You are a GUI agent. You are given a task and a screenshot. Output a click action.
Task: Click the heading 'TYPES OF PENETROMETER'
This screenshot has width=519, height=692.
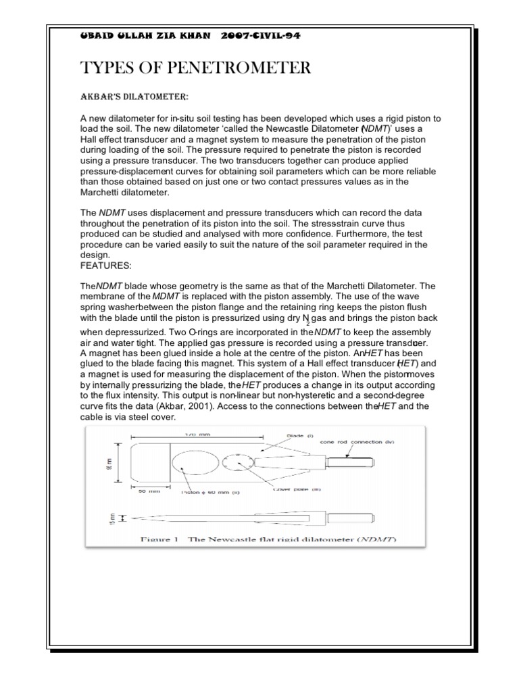click(195, 68)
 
